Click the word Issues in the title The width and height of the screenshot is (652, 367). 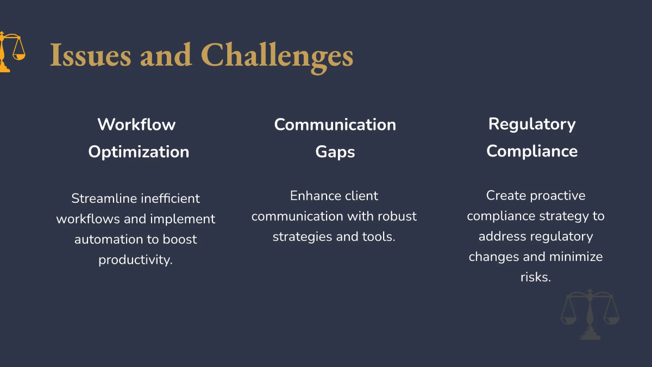[x=90, y=55]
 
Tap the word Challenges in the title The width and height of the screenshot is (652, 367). [x=277, y=55]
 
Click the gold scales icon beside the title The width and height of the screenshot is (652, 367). [x=11, y=52]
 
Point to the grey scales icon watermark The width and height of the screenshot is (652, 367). [x=590, y=314]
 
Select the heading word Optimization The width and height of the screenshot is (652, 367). [x=139, y=152]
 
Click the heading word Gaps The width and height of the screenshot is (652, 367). [x=335, y=152]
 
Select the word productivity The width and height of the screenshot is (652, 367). [x=135, y=260]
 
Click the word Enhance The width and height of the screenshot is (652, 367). [x=312, y=196]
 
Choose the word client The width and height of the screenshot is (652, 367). [x=360, y=196]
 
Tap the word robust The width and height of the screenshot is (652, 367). [x=395, y=216]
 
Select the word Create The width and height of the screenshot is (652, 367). [x=506, y=195]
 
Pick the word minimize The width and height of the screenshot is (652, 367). [x=576, y=257]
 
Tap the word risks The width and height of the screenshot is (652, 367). [x=535, y=277]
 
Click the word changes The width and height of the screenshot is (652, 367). [x=494, y=257]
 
